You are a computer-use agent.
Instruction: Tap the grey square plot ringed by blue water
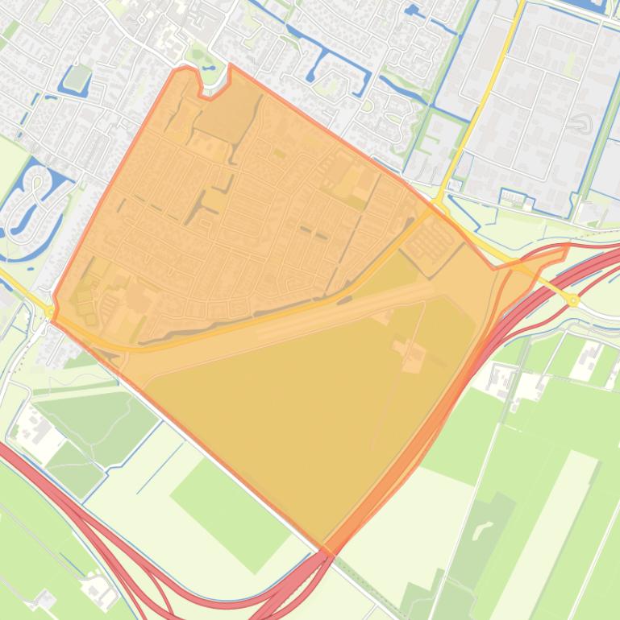[x=78, y=78]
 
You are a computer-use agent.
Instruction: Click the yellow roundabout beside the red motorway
[x=573, y=300]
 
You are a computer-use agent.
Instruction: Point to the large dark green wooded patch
[x=97, y=419]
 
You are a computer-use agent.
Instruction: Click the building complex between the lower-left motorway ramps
[x=101, y=590]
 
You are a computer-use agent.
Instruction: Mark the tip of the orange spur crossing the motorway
[x=568, y=247]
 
